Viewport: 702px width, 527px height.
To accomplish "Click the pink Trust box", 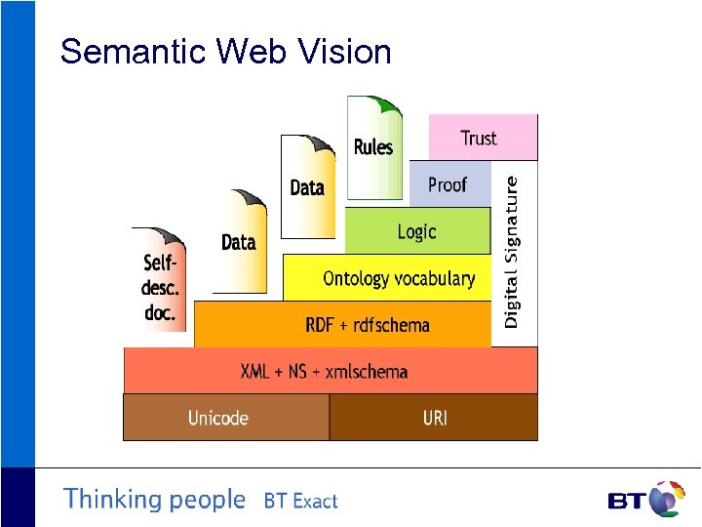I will click(483, 138).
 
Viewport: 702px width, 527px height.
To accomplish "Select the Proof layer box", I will click(448, 184).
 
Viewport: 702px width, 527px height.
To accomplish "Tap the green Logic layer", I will click(416, 231).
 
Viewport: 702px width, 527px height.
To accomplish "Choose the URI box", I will click(434, 418).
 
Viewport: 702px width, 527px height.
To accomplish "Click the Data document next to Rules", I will click(307, 186).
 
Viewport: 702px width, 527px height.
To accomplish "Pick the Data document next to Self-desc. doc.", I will click(239, 241).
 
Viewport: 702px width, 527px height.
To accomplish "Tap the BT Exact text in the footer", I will click(300, 502).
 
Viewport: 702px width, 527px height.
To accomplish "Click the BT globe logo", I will click(667, 499).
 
